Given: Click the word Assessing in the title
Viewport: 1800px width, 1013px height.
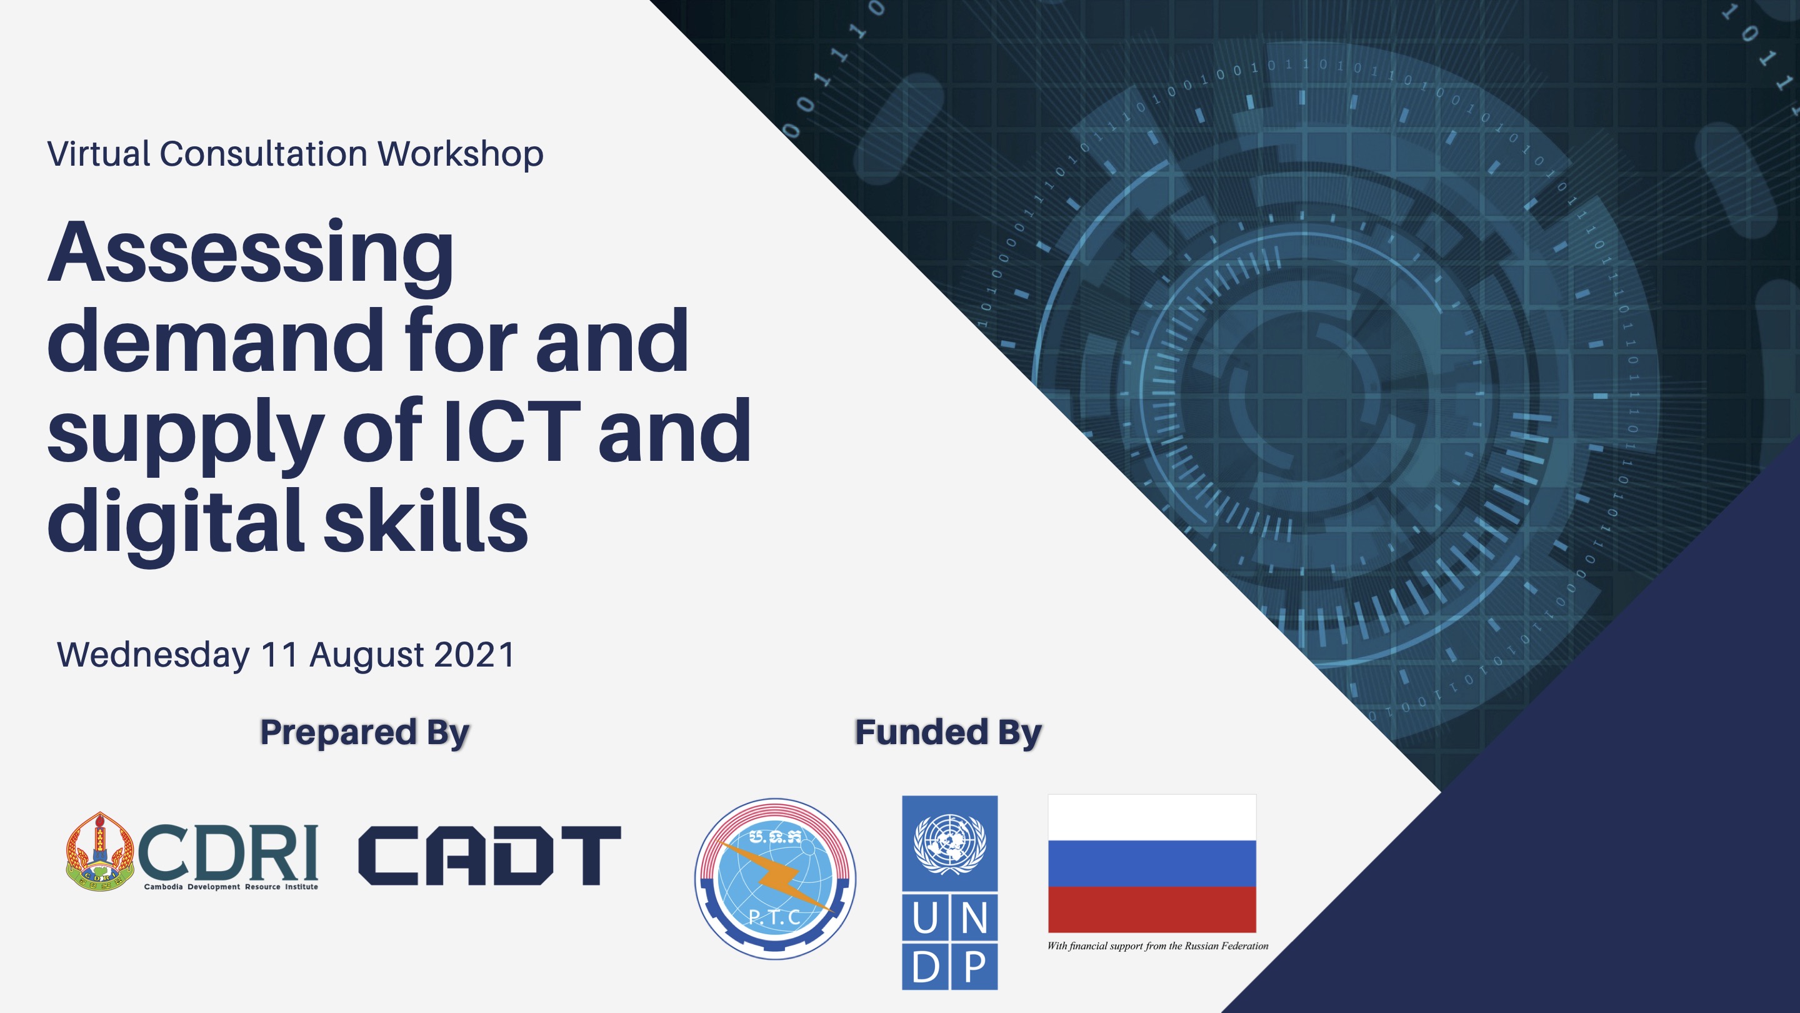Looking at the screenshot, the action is [251, 256].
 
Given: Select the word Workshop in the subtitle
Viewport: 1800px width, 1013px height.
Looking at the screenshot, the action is [461, 154].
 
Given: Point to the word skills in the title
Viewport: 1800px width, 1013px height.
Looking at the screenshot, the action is [426, 520].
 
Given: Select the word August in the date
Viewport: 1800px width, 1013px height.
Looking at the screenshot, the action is [367, 656].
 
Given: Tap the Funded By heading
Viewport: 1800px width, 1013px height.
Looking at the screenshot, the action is [948, 732].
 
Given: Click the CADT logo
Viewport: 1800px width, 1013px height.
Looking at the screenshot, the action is [489, 855].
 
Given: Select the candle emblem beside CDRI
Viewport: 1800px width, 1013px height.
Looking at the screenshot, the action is [100, 850].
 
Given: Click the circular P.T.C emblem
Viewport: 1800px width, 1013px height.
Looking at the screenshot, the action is [775, 879].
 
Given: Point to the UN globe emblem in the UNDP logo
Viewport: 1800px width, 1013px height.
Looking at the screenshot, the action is [949, 844].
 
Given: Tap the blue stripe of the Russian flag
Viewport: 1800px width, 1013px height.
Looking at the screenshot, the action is [1151, 864].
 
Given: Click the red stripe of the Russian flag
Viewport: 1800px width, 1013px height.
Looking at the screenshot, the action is [1151, 909].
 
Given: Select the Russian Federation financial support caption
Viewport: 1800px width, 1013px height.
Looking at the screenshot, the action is [1157, 946].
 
